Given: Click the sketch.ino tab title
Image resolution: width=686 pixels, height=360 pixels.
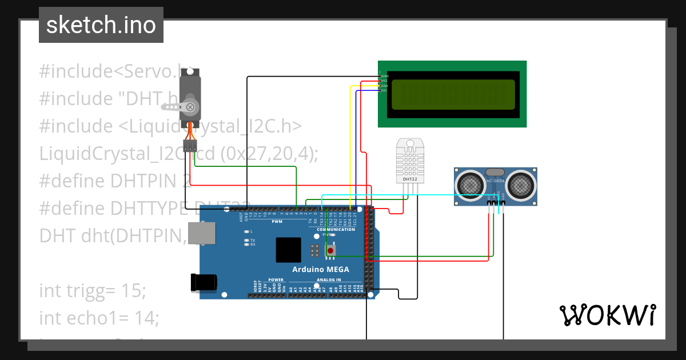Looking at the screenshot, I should click(x=101, y=25).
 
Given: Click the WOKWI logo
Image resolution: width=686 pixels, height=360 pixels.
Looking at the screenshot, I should click(x=607, y=315).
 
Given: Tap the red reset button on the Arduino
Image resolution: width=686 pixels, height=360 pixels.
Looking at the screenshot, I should click(x=330, y=250).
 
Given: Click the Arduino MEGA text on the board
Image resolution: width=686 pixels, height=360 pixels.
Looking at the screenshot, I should click(x=321, y=269).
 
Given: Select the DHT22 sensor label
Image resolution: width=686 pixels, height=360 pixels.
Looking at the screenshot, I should click(x=409, y=179).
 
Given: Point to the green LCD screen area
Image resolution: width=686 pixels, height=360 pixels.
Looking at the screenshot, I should click(x=452, y=94).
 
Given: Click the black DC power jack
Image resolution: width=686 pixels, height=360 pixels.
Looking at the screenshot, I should click(x=204, y=282).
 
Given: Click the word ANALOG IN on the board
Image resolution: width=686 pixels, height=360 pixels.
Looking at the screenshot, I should click(x=329, y=280).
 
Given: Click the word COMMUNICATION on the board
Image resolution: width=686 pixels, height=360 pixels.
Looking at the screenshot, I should click(x=336, y=230).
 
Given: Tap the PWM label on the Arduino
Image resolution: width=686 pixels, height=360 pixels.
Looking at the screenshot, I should click(x=277, y=221).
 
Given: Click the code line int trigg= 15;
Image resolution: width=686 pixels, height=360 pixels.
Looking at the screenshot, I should click(x=93, y=290).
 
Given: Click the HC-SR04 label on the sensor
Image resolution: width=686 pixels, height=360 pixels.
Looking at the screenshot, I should click(x=495, y=181).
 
